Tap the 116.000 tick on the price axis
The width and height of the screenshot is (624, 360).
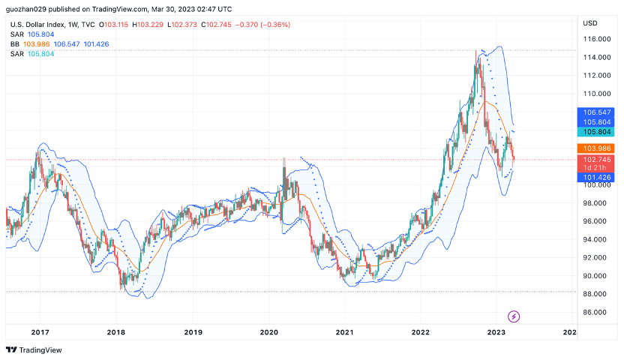pos(595,39)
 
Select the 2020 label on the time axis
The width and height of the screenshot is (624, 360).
pos(268,331)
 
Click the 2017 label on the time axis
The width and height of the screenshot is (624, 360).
pos(40,331)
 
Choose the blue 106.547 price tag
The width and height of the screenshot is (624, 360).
pos(596,112)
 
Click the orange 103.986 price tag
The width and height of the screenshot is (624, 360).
pos(596,148)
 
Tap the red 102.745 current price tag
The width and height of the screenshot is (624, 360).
pos(596,160)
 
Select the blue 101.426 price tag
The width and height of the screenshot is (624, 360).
pos(596,177)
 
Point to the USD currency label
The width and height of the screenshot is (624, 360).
pos(590,23)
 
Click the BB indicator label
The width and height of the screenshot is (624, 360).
pos(15,44)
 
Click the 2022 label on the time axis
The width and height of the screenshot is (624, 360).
pos(420,331)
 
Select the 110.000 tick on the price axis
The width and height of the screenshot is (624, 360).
pos(595,94)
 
